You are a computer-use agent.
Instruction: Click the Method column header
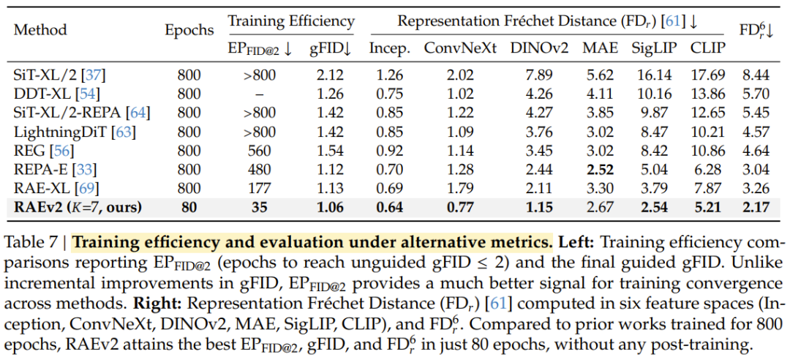click(x=40, y=30)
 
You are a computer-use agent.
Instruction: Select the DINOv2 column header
click(x=539, y=48)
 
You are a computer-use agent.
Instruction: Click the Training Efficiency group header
click(x=291, y=22)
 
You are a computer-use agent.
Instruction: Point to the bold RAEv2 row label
click(x=78, y=207)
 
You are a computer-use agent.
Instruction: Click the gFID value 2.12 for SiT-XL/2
click(x=330, y=75)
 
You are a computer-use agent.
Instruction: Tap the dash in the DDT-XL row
click(x=260, y=94)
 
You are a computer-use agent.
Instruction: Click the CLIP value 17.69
click(x=708, y=75)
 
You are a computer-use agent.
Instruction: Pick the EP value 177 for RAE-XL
click(x=260, y=189)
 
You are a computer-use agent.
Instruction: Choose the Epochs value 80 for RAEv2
click(x=189, y=207)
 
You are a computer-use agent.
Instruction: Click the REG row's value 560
click(x=260, y=151)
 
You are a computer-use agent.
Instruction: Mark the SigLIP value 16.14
click(x=654, y=75)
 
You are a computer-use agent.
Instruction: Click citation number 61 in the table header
click(x=673, y=22)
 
